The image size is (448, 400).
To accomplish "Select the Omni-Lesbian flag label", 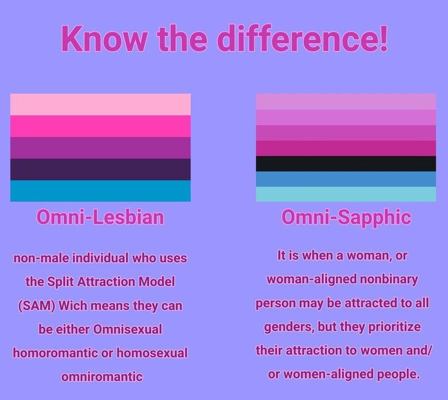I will point(100,217).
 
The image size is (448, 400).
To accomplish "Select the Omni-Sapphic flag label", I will point(346,217).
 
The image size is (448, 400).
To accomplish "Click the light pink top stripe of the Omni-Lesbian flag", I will point(100,104).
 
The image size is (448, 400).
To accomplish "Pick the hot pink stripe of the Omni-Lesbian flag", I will point(100,126).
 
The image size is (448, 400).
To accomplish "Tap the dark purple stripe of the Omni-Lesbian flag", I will point(100,169).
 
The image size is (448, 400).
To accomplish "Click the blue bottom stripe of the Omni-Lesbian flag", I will point(100,191).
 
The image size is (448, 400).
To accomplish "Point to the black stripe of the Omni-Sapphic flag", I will point(346,164).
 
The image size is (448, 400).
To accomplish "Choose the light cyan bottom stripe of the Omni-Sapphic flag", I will point(346,194).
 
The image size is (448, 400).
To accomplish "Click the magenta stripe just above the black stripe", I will point(346,148).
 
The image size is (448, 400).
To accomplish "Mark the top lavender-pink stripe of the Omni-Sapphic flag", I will point(346,101).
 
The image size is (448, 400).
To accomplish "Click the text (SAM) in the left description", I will point(37,306).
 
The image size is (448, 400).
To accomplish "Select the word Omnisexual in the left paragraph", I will point(128,329).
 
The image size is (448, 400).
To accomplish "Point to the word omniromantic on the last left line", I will point(102,377).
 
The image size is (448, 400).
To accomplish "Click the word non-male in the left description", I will point(40,258).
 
